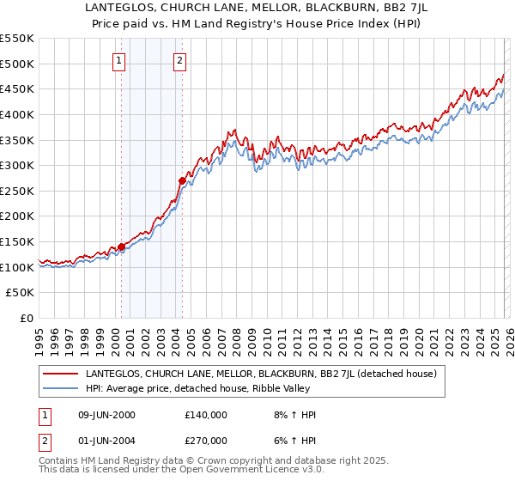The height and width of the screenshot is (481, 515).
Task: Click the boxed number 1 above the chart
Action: (x=118, y=60)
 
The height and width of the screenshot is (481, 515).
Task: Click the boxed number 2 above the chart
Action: (x=179, y=60)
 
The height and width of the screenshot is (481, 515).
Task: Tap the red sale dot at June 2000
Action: (x=121, y=247)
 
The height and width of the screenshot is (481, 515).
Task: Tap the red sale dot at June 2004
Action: (x=182, y=180)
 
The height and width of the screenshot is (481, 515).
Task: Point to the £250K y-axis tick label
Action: (x=17, y=191)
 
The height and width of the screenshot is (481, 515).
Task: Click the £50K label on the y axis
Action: (x=21, y=293)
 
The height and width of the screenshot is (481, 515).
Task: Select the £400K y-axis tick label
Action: (x=17, y=114)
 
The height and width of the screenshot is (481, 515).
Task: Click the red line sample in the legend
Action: (x=61, y=374)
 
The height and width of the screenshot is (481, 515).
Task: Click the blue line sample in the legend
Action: (x=61, y=388)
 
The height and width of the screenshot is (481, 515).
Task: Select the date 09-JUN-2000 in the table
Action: (x=106, y=415)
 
